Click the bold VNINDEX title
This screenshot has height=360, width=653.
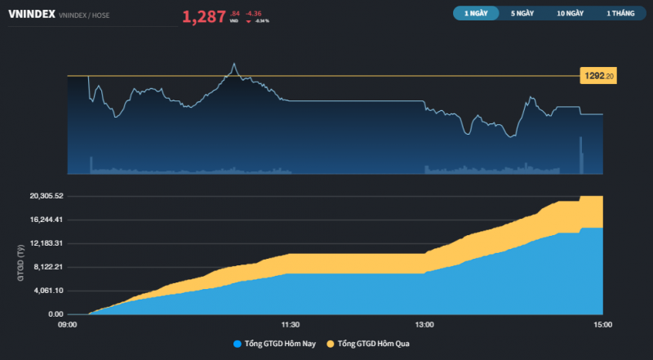click(31, 15)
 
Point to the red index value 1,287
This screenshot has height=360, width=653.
click(204, 16)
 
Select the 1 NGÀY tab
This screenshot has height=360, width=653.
click(476, 13)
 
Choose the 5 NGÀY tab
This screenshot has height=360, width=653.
click(523, 13)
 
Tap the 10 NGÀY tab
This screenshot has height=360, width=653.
click(571, 13)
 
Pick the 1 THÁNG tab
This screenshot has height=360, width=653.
click(620, 13)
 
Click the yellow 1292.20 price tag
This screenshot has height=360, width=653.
click(598, 76)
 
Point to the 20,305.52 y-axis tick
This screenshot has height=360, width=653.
click(47, 196)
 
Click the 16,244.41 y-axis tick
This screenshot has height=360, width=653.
click(47, 220)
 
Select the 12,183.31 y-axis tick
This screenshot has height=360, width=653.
click(47, 243)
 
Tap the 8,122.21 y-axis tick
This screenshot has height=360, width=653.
click(48, 267)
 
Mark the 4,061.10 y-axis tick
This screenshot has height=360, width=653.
click(48, 291)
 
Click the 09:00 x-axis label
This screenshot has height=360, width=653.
click(68, 324)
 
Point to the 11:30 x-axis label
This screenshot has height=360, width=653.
click(291, 324)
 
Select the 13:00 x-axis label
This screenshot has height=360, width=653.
click(424, 324)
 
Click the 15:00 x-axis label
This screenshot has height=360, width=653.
click(602, 324)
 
